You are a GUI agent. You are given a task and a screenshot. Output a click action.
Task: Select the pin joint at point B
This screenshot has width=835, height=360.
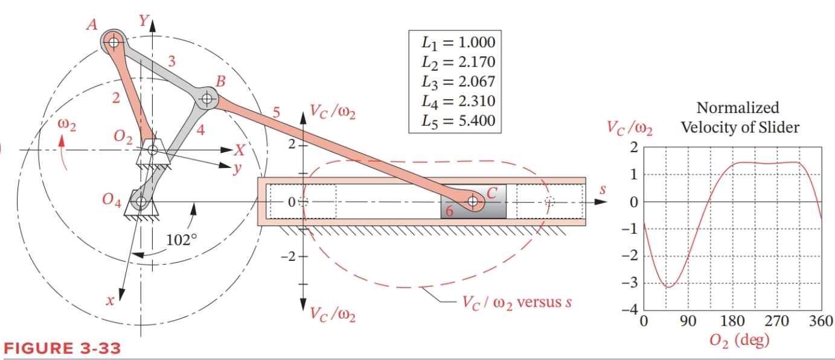(207, 97)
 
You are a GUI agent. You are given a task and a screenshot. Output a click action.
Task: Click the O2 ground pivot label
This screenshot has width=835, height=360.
(123, 137)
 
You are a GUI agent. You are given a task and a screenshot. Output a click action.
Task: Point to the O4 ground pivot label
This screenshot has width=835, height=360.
(112, 200)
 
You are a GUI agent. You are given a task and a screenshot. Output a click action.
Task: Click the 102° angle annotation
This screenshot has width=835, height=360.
(181, 239)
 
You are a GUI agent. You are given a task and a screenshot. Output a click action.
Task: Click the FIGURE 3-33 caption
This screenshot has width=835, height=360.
(62, 349)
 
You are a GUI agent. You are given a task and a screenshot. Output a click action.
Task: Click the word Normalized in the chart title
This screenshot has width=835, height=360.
(737, 108)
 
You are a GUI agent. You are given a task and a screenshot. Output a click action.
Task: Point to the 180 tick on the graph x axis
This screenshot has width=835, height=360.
(732, 321)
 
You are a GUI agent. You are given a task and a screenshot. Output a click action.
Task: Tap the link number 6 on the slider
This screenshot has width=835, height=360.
(449, 211)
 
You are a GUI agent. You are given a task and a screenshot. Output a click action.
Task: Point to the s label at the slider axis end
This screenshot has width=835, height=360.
(601, 189)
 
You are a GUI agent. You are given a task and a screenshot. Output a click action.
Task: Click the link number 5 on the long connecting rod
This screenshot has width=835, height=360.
(277, 112)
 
